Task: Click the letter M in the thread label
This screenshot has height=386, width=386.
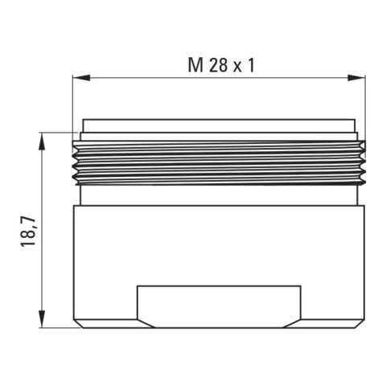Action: click(195, 65)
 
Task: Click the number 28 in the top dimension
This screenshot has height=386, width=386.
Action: click(218, 65)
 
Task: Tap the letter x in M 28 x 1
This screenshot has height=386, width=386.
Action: click(237, 68)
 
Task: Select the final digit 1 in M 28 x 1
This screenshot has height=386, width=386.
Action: click(251, 65)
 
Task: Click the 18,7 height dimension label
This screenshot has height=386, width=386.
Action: click(28, 232)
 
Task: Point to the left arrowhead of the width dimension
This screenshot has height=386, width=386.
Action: click(81, 78)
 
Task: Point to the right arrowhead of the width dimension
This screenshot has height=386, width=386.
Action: click(356, 78)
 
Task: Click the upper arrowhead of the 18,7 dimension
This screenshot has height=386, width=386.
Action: click(42, 142)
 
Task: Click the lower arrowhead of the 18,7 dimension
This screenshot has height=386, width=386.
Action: click(42, 318)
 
